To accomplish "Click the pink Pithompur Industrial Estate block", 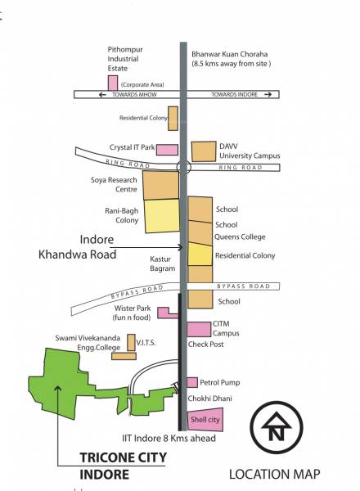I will tap(112, 83).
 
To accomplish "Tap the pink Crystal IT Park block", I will tap(167, 149).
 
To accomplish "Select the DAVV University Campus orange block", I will tap(202, 151).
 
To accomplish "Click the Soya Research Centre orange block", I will tap(160, 185).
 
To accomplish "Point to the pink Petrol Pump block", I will tap(192, 382).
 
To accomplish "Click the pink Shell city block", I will tap(200, 421).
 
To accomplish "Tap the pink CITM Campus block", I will tap(199, 329).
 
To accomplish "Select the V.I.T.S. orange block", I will tap(124, 356).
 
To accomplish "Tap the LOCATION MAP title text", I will tap(274, 474).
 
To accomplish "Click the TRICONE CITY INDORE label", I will tap(123, 465).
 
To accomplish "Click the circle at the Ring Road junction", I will tap(183, 166).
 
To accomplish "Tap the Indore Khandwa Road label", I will tap(79, 247).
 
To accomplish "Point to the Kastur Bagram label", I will tap(163, 263).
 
